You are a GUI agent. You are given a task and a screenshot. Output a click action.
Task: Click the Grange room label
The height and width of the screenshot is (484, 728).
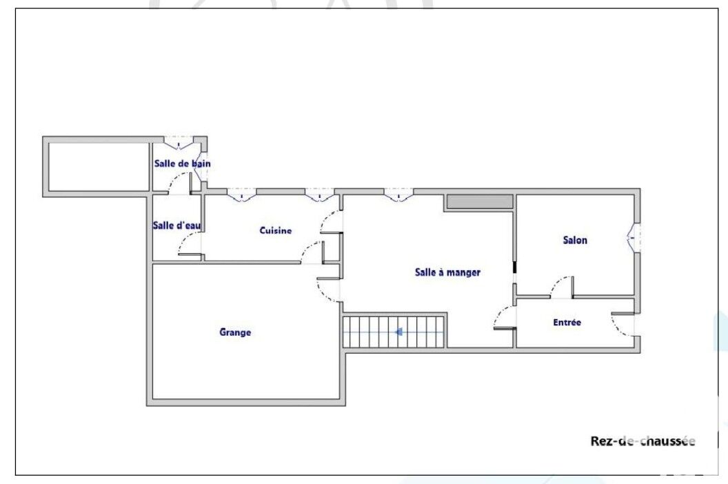tap(235, 332)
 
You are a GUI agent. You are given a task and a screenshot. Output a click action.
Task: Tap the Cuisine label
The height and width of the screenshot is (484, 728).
tap(275, 230)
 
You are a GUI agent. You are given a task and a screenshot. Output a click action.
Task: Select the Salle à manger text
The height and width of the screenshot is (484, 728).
tap(447, 272)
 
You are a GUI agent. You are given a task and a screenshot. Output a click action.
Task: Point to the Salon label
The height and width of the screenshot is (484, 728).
tap(575, 240)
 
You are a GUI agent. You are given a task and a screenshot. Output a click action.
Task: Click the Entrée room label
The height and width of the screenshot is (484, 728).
tap(567, 323)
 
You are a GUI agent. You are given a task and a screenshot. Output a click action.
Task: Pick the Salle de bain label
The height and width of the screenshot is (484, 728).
tap(182, 163)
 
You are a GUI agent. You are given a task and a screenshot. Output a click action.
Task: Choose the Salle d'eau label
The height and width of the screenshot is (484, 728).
tap(177, 225)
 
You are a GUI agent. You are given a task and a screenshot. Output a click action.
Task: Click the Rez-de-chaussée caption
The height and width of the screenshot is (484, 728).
tap(643, 441)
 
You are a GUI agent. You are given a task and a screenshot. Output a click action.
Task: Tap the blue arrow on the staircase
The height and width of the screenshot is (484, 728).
tap(398, 332)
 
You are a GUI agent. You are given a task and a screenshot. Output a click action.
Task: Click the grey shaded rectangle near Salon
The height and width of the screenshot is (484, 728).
tap(480, 202)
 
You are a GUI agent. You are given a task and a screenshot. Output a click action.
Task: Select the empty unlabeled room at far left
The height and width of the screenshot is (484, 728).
tap(99, 166)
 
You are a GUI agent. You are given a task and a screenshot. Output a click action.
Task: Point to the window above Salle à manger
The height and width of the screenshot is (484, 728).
tap(398, 195)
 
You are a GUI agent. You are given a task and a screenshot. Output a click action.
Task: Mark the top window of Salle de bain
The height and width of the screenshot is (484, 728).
tap(179, 143)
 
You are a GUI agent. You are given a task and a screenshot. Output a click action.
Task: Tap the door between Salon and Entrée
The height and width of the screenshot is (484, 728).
tap(562, 288)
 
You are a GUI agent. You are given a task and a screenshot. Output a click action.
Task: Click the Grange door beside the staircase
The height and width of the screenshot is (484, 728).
tap(329, 290)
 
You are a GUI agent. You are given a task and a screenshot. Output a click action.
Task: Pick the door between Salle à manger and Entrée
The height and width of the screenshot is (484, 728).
tap(505, 318)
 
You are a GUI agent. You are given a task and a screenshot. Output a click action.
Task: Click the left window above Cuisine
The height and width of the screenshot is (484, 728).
tap(241, 195)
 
